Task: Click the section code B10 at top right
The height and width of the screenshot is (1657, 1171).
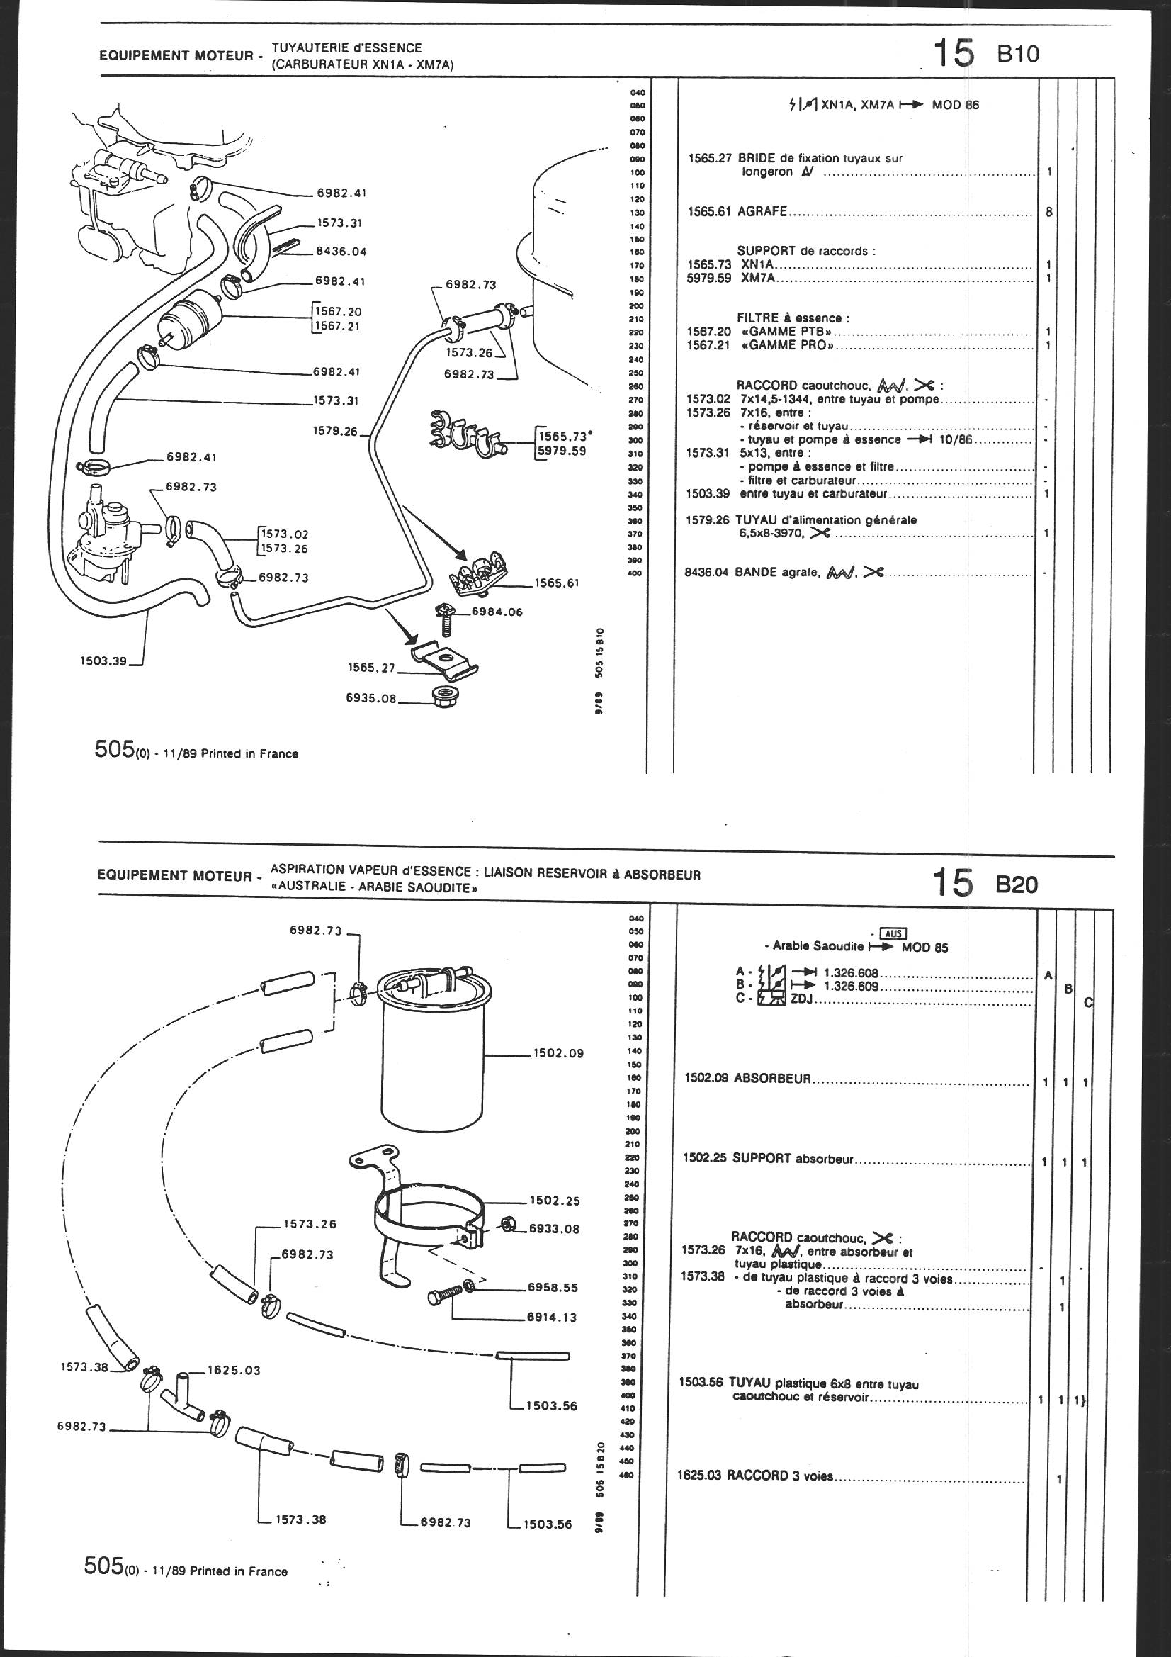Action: [1018, 54]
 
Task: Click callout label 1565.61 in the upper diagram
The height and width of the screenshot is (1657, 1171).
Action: [557, 583]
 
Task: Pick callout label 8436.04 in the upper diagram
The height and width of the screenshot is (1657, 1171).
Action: [341, 252]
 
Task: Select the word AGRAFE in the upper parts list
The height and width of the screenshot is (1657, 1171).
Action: [762, 212]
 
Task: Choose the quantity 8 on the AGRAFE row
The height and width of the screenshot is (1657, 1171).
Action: [1048, 212]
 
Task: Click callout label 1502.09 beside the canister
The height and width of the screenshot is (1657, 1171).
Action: [558, 1053]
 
